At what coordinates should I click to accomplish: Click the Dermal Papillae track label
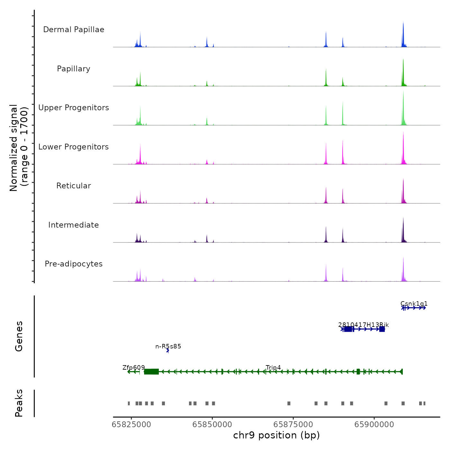click(x=74, y=30)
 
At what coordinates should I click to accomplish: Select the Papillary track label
click(x=74, y=69)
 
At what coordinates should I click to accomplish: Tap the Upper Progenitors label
click(x=74, y=108)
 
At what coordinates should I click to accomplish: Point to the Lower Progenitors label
click(x=74, y=147)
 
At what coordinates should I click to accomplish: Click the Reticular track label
click(x=74, y=186)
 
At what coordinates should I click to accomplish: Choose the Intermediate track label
click(x=74, y=225)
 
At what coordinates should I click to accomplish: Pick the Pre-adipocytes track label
click(x=74, y=264)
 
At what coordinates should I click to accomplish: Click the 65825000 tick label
click(x=131, y=425)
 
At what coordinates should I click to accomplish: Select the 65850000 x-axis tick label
click(x=212, y=425)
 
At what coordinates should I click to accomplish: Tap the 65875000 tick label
click(x=293, y=425)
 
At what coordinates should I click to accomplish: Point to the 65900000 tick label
click(x=374, y=425)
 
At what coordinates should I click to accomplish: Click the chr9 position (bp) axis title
click(x=276, y=436)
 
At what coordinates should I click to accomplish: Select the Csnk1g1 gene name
click(x=414, y=304)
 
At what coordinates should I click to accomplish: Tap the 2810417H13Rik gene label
click(x=364, y=325)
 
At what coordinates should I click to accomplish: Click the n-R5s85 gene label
click(x=168, y=346)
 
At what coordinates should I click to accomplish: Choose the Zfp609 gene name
click(x=134, y=368)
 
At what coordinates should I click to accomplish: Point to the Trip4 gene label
click(x=273, y=368)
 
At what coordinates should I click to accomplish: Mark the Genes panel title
click(x=19, y=336)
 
